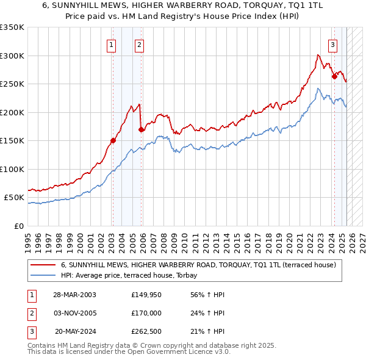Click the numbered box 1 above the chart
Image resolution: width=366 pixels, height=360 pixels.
pyautogui.click(x=112, y=44)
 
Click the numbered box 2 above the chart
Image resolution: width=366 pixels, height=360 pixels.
pyautogui.click(x=140, y=44)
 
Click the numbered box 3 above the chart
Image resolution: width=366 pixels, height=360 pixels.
pyautogui.click(x=333, y=44)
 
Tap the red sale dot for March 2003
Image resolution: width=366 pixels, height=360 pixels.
pyautogui.click(x=113, y=140)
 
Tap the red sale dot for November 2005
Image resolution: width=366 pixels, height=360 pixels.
pyautogui.click(x=141, y=129)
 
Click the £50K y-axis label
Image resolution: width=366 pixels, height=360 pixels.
pyautogui.click(x=15, y=198)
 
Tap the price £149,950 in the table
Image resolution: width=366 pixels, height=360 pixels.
pyautogui.click(x=146, y=295)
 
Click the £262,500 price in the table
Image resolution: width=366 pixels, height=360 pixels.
pyautogui.click(x=146, y=331)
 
